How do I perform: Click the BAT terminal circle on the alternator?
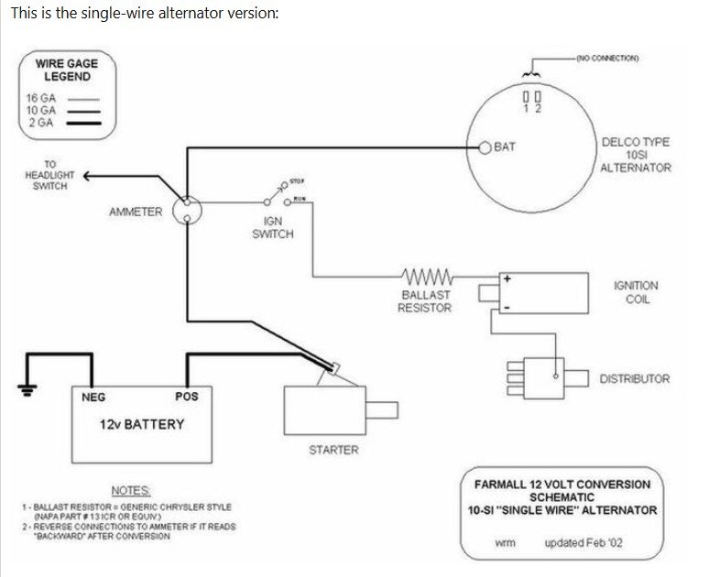pos(485,147)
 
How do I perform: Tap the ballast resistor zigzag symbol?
pos(427,277)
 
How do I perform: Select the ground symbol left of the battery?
pos(27,389)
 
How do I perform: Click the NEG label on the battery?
pos(93,397)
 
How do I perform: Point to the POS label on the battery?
pos(187,397)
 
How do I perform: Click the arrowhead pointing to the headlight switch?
pos(88,176)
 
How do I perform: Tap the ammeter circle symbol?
pos(187,211)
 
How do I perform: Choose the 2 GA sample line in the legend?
pos(83,123)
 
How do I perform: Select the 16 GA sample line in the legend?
pos(83,99)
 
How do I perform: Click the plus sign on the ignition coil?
pos(507,279)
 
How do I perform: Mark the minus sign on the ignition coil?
pos(507,308)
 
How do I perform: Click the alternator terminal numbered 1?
pos(527,97)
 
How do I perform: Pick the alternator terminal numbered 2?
pos(538,97)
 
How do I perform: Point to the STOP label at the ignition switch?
pos(297,181)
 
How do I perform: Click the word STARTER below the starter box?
pos(333,450)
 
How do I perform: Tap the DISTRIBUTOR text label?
pos(635,379)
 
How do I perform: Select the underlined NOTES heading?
pos(131,491)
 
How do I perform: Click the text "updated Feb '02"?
pos(584,542)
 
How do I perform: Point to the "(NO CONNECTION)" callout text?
pos(607,59)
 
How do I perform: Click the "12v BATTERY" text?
pos(142,425)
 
